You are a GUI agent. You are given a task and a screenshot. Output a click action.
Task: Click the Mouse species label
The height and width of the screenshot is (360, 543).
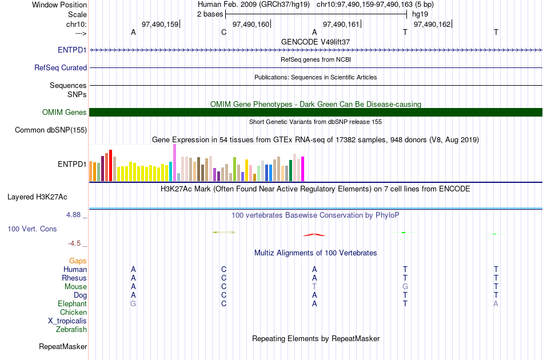tap(75, 287)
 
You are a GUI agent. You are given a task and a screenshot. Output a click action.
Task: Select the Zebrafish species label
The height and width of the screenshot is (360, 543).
tap(71, 330)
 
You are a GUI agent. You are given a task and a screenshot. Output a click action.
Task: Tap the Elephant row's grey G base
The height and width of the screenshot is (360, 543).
tap(133, 303)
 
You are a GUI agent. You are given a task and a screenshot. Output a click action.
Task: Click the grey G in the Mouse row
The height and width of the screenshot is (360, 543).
tap(405, 287)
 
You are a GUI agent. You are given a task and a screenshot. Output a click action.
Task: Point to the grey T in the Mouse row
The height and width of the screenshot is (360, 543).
tap(314, 287)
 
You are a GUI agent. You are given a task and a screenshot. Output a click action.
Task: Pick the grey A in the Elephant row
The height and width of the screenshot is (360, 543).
tap(496, 303)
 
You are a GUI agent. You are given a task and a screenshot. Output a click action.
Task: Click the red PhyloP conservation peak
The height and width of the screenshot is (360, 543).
tap(314, 235)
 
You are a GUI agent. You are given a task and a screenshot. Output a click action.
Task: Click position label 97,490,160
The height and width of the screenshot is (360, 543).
tap(251, 24)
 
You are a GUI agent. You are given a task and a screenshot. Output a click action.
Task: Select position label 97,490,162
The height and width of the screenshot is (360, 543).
tap(432, 24)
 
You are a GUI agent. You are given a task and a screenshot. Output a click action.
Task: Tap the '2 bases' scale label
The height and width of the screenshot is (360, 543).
tap(210, 14)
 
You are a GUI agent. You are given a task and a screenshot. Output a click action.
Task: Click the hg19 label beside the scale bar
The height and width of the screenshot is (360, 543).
tap(420, 14)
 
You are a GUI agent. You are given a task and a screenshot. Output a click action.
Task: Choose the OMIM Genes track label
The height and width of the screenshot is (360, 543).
tap(65, 112)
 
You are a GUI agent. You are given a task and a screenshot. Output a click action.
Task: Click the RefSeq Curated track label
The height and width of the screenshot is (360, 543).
tap(61, 68)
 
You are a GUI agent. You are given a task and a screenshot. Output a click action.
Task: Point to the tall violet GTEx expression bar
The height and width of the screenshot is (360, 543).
tap(174, 163)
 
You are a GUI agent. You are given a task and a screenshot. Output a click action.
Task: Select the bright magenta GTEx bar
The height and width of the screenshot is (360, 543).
tap(303, 169)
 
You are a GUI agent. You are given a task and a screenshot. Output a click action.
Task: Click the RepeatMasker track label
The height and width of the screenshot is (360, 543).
tap(63, 346)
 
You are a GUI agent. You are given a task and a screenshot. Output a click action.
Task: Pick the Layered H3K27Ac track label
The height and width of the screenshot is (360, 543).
tap(37, 197)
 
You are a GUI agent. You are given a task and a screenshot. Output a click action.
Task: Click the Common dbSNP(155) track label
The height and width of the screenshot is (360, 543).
tap(51, 130)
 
